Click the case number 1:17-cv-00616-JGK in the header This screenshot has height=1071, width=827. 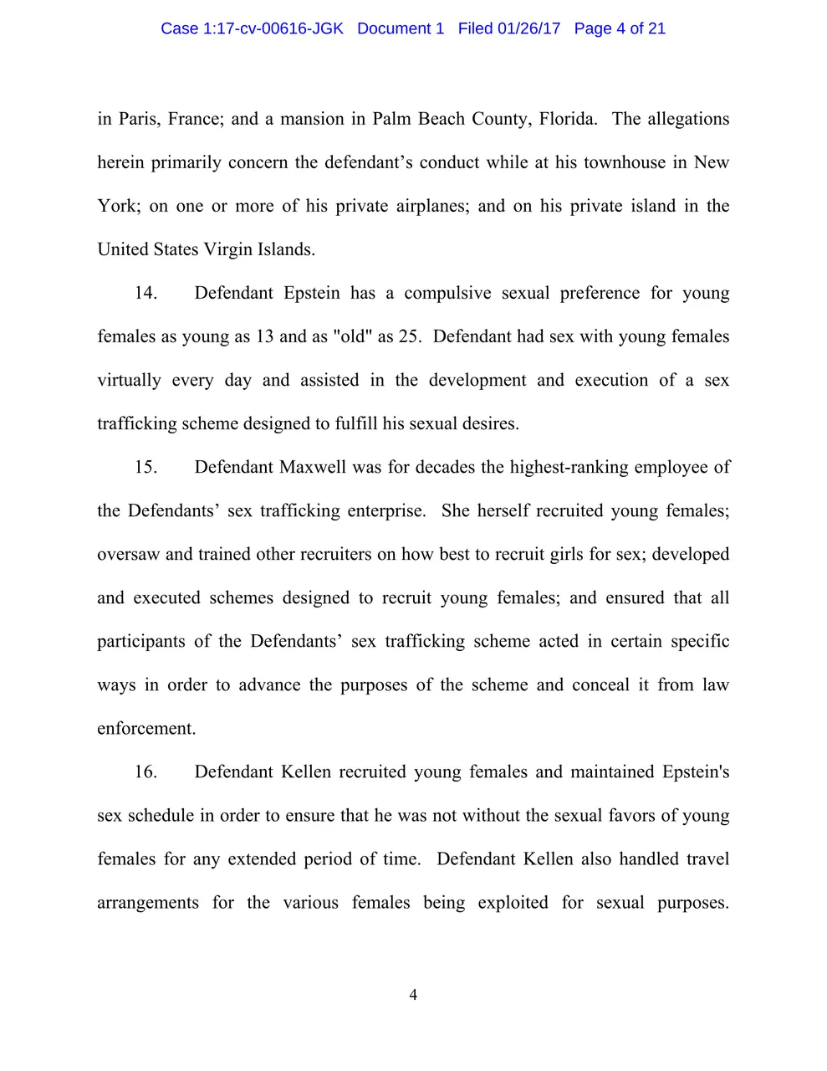[x=273, y=28]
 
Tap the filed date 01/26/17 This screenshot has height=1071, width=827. [x=528, y=28]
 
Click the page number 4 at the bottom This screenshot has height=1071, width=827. [x=413, y=995]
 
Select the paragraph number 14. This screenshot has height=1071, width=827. [x=145, y=293]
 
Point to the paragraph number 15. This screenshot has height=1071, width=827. [x=145, y=467]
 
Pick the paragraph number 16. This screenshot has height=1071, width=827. [x=145, y=771]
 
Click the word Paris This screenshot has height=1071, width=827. [x=138, y=119]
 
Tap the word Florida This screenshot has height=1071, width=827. [x=568, y=119]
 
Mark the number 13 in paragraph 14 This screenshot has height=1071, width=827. [x=264, y=336]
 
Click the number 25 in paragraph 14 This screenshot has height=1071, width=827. [x=409, y=336]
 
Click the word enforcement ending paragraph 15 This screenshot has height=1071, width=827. [x=146, y=729]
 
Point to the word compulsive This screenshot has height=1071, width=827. [x=447, y=293]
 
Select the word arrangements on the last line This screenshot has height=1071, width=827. [x=148, y=903]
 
